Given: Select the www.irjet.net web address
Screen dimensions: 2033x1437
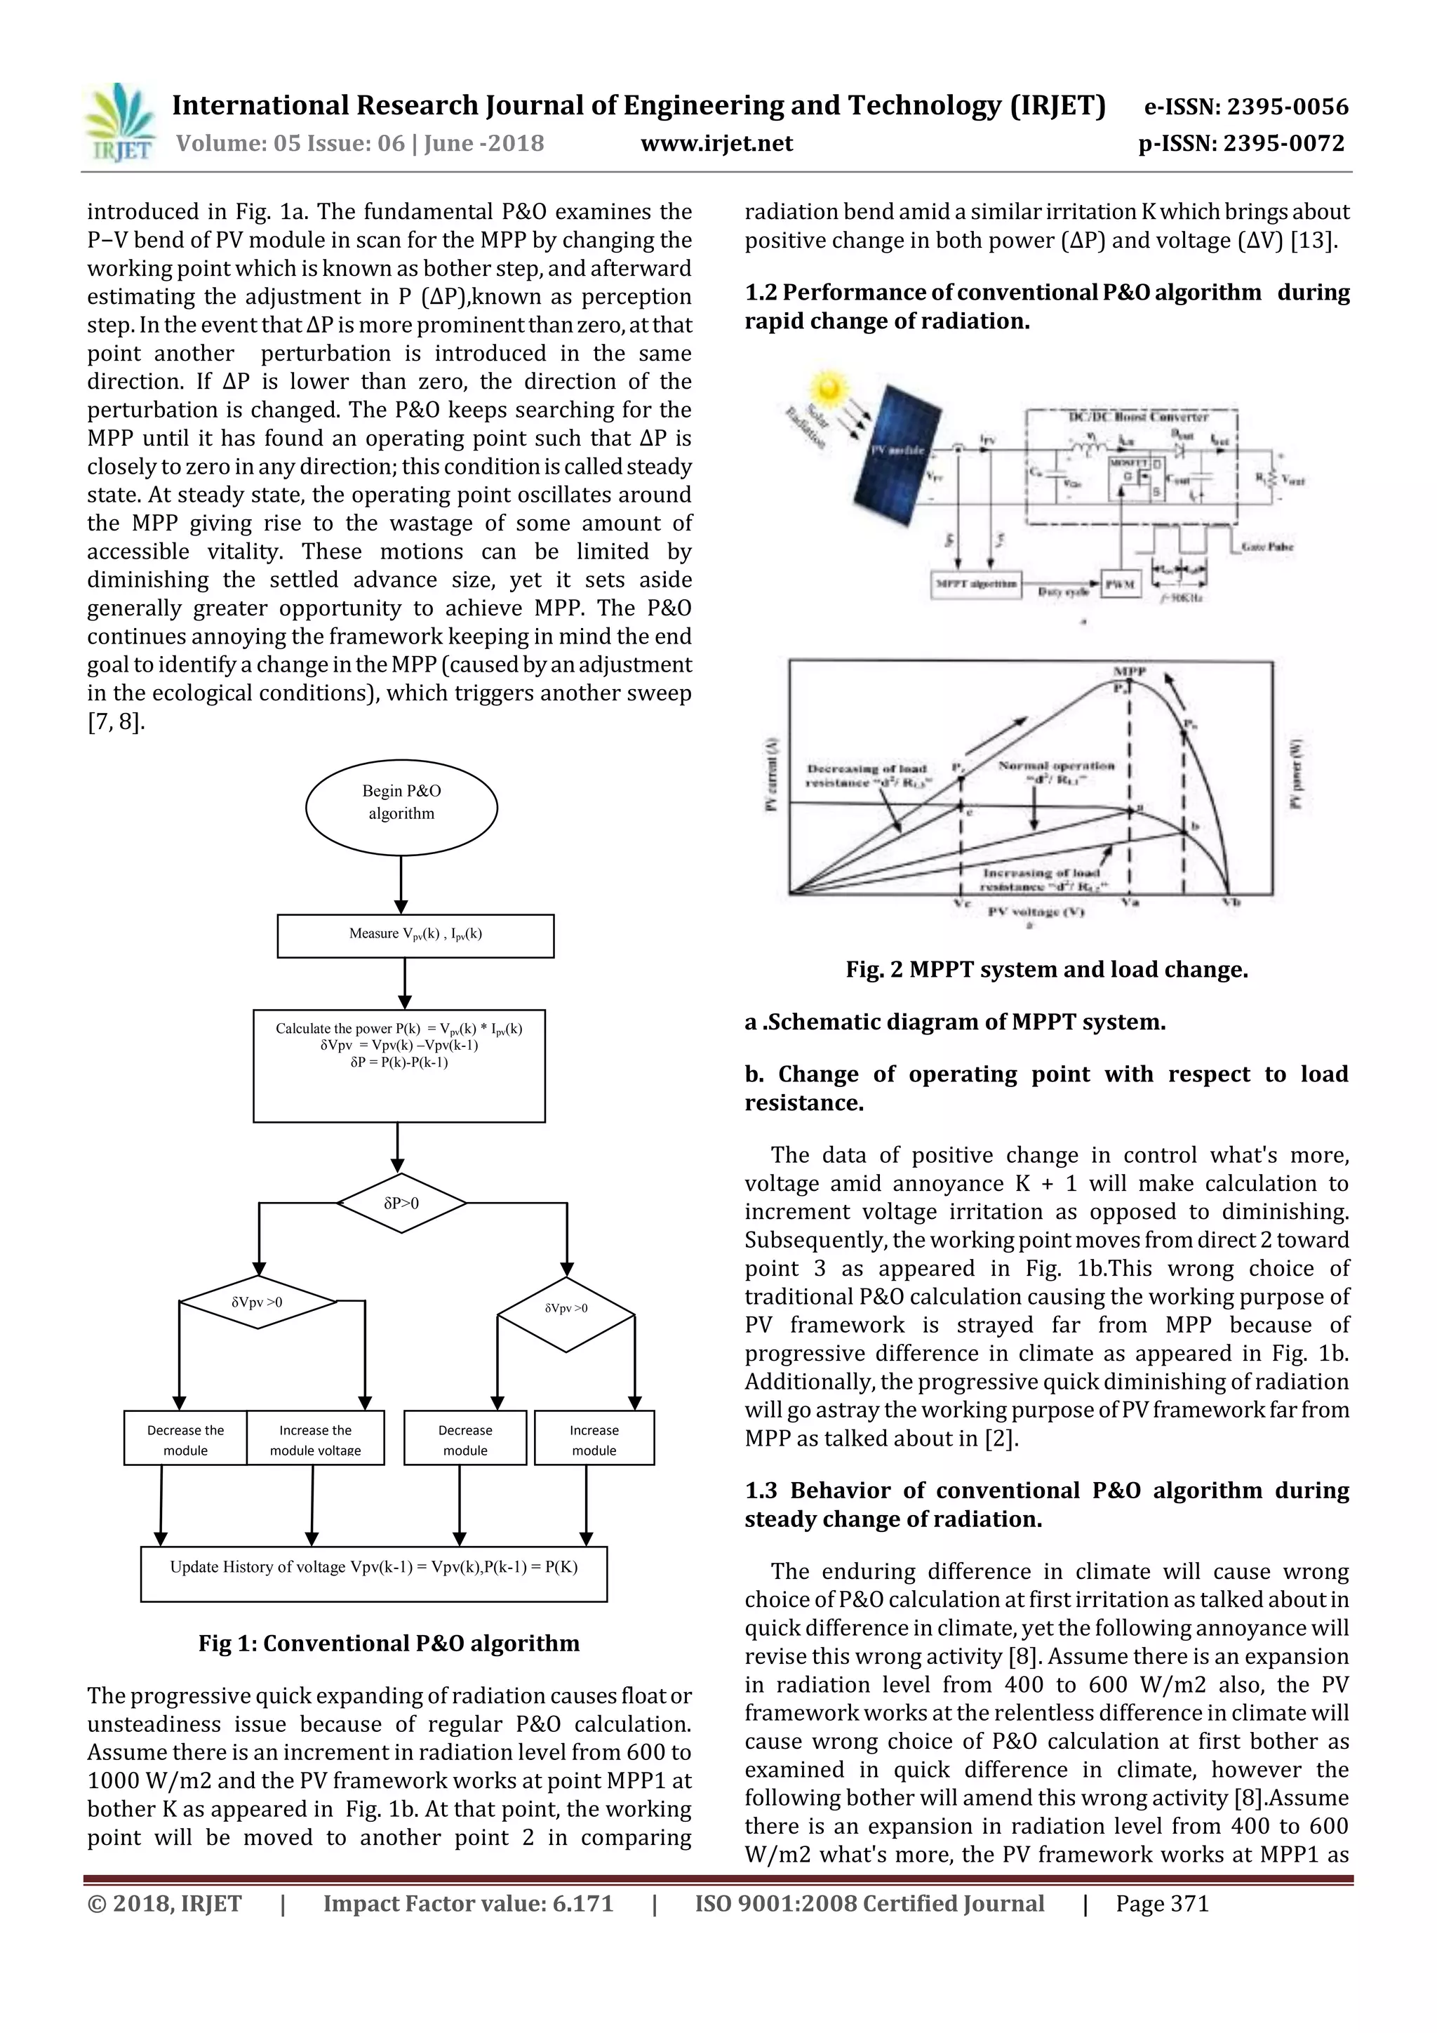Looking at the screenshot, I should tap(716, 143).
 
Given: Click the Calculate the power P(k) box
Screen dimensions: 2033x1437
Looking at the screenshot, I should tap(399, 1065).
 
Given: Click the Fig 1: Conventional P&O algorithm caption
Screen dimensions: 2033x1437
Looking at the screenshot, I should tap(389, 1644).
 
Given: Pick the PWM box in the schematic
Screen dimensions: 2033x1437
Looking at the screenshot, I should tap(1119, 585).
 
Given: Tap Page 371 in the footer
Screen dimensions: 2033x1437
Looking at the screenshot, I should tap(1162, 1904).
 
